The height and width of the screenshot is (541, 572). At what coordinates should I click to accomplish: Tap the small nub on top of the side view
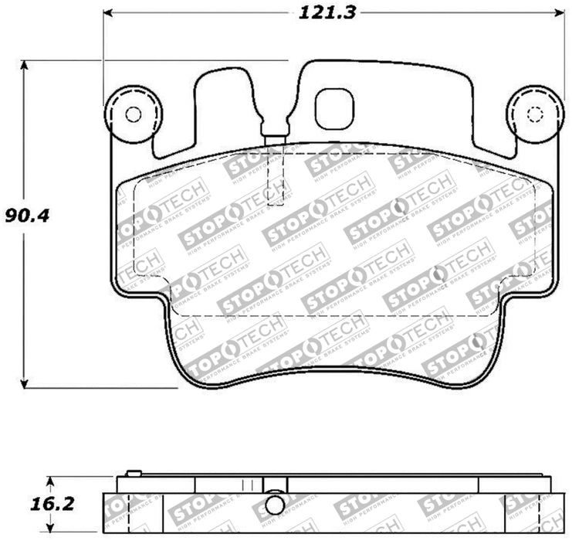pyautogui.click(x=133, y=473)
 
